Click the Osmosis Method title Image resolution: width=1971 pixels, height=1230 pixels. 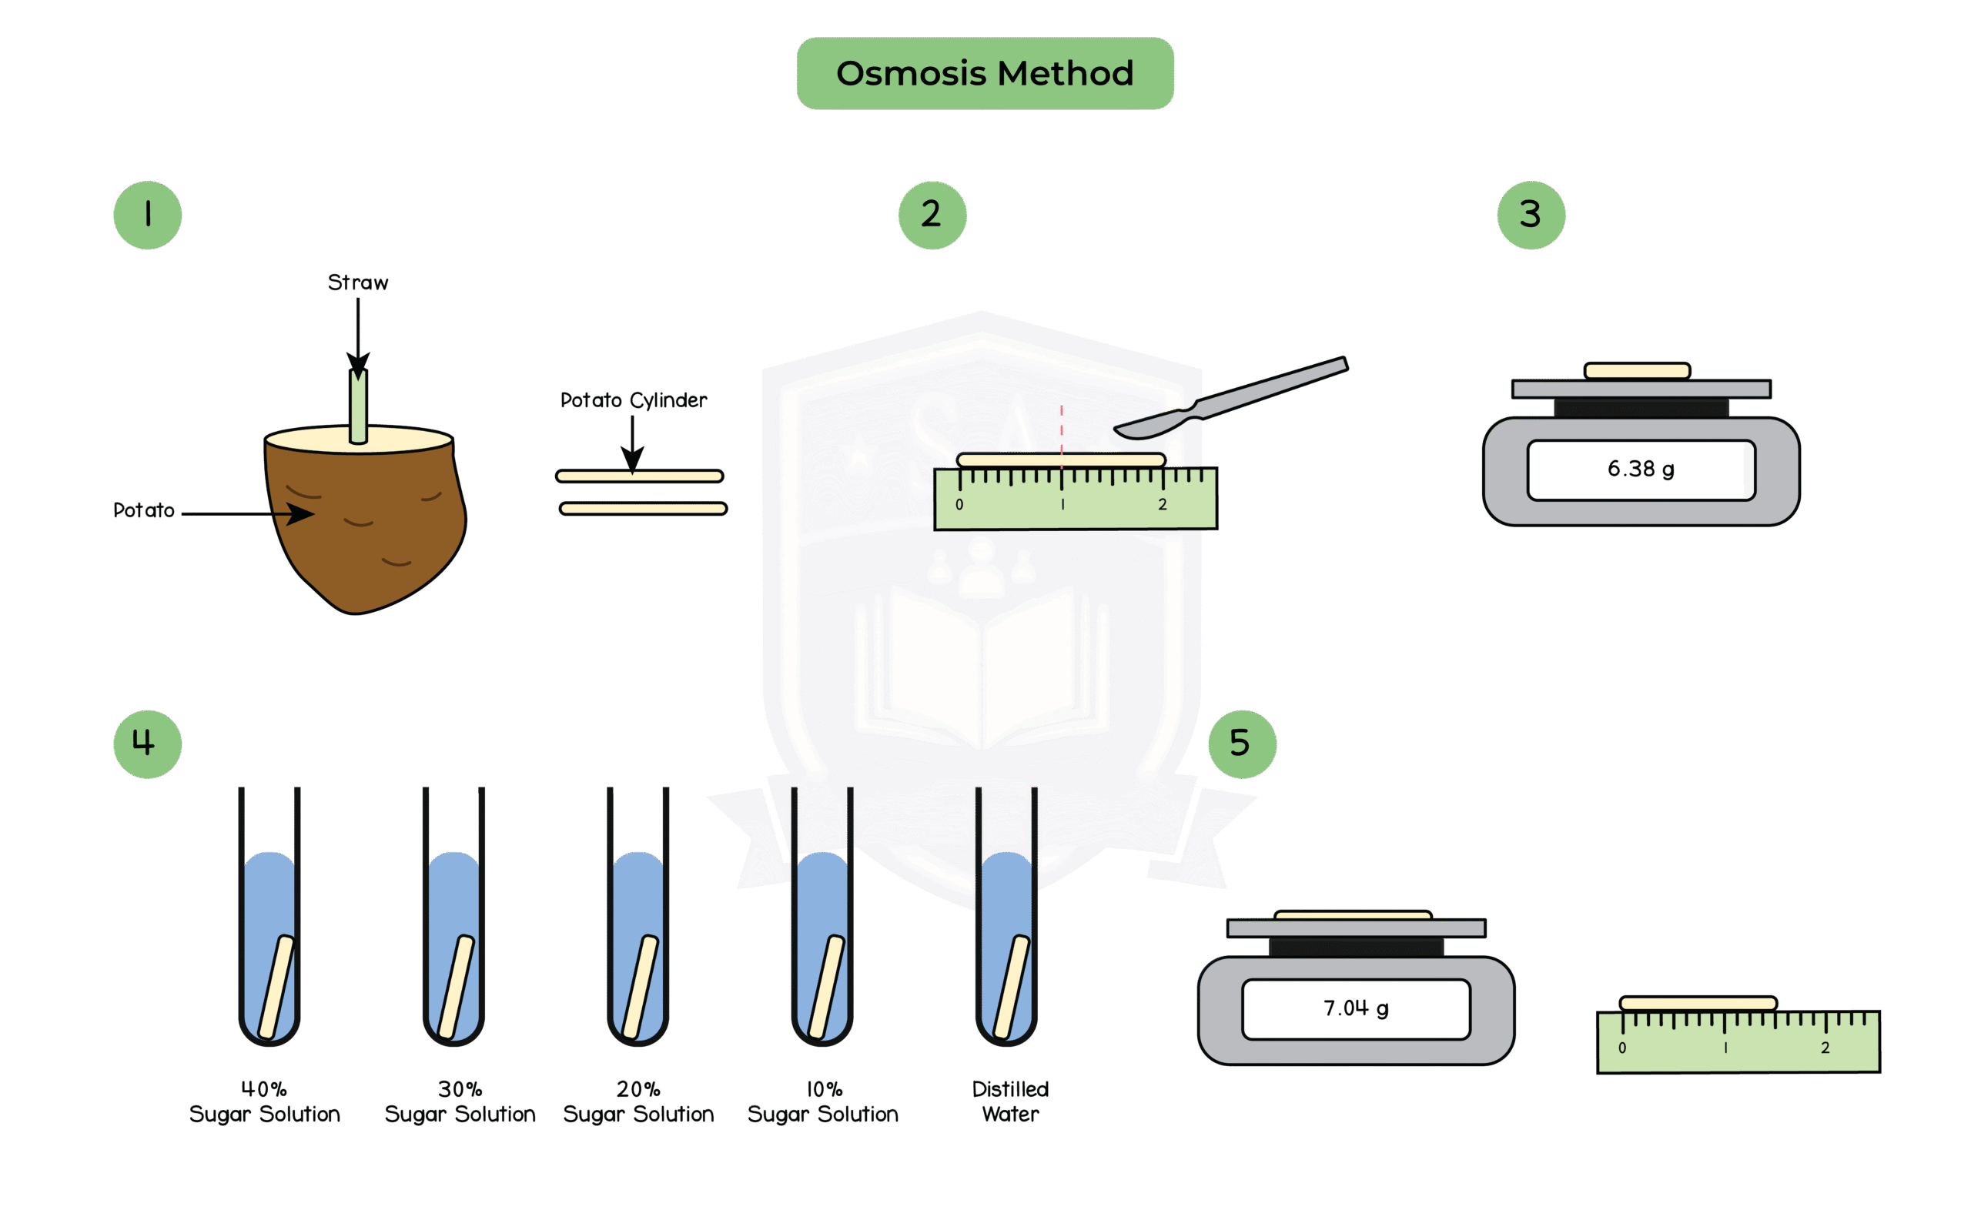click(x=984, y=73)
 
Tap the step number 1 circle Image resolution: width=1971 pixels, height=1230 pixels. click(x=147, y=215)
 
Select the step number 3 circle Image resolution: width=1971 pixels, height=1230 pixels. click(x=1530, y=215)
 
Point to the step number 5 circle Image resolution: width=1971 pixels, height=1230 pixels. click(x=1241, y=744)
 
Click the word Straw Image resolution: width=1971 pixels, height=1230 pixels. click(x=358, y=282)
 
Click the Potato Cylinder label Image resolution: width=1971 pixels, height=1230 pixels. click(x=634, y=400)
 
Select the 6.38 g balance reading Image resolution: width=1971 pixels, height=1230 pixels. click(x=1640, y=470)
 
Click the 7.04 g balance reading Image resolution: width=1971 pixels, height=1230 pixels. click(x=1355, y=1009)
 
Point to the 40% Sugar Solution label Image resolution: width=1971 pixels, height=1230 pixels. click(x=264, y=1101)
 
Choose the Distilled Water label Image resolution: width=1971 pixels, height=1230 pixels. click(x=1010, y=1101)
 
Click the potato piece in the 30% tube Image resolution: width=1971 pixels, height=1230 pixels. click(x=457, y=986)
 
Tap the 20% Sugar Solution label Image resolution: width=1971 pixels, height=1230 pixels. click(x=637, y=1101)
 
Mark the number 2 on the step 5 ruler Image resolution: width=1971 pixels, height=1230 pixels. click(x=1825, y=1048)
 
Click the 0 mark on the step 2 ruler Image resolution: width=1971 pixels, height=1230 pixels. click(x=959, y=504)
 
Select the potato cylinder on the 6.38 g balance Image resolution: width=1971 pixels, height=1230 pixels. click(x=1637, y=371)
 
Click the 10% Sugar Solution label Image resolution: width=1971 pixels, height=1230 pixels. click(x=823, y=1101)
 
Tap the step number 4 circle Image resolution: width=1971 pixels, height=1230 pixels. click(x=147, y=744)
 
